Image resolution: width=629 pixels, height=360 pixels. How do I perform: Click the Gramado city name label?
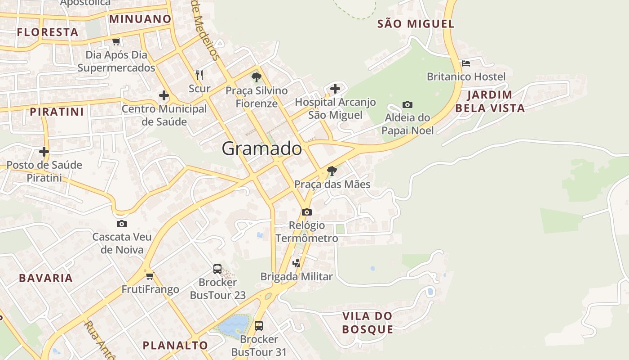click(x=261, y=148)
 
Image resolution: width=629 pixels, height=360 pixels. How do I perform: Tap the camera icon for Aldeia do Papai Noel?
click(x=407, y=104)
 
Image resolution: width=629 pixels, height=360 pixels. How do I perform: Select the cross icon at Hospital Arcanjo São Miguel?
click(x=335, y=89)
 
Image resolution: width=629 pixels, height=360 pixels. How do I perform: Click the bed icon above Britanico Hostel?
click(x=466, y=63)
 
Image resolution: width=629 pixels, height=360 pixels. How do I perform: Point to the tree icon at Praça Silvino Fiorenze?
click(x=257, y=77)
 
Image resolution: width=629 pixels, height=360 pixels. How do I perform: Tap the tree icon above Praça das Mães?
click(x=332, y=171)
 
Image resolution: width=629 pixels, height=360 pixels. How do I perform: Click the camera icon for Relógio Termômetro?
click(x=307, y=212)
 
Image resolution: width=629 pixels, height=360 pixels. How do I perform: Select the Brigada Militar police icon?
click(x=297, y=263)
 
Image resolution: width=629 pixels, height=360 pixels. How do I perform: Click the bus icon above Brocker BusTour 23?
click(x=217, y=269)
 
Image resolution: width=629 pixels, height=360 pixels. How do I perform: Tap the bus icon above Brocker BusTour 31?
click(x=259, y=325)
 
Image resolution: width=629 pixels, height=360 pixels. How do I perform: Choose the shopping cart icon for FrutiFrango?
click(x=150, y=276)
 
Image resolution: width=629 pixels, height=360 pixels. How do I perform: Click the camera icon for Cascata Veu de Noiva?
click(x=122, y=224)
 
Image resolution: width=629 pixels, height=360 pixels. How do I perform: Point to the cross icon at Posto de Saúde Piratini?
click(x=44, y=152)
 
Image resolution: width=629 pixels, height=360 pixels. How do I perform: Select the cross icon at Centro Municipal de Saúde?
click(x=164, y=95)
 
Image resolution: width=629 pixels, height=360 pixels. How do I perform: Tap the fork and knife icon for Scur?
click(x=199, y=75)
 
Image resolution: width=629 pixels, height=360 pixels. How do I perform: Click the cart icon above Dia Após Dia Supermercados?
click(x=116, y=41)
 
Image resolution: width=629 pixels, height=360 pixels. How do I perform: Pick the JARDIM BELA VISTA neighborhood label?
click(x=490, y=101)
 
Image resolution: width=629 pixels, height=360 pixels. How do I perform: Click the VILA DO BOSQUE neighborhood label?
click(x=368, y=323)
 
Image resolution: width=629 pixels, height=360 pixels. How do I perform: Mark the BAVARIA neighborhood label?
click(x=46, y=278)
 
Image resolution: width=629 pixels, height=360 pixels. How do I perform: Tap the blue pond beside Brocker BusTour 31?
click(x=233, y=325)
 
